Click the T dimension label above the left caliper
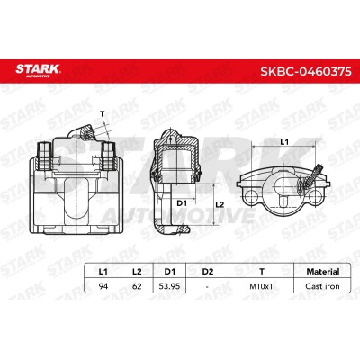click(103, 112)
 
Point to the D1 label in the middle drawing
click(181, 203)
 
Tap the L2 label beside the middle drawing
click(219, 205)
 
